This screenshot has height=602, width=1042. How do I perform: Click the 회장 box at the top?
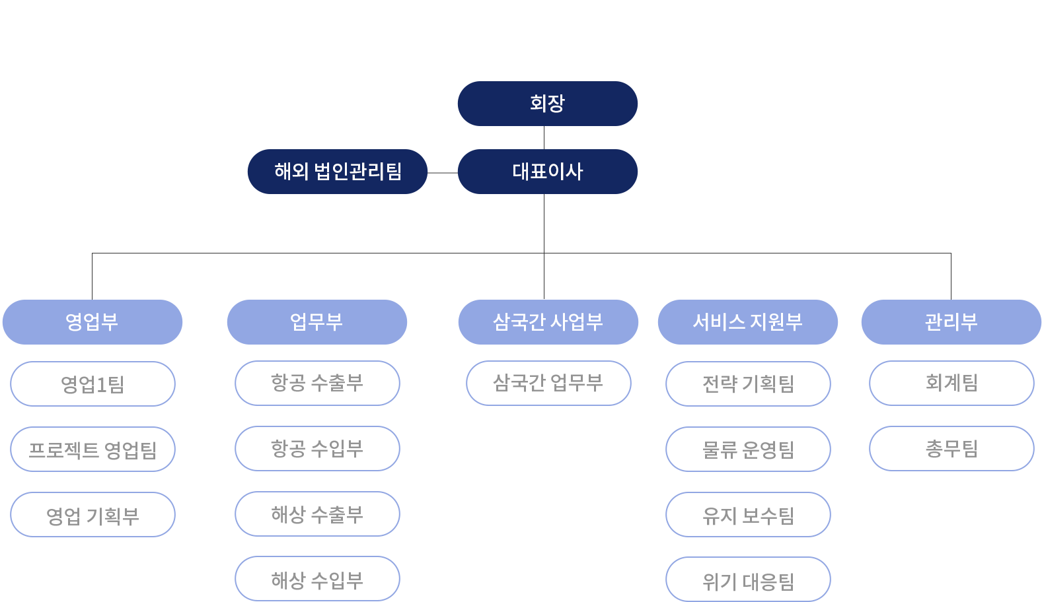[x=548, y=104]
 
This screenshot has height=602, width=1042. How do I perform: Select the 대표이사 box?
[x=548, y=172]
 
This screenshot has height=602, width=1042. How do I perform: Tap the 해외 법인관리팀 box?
[x=337, y=172]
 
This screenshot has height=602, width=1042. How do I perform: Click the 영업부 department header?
[x=92, y=322]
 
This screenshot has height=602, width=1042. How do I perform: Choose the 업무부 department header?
[x=316, y=322]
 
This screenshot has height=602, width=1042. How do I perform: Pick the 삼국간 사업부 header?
[x=548, y=322]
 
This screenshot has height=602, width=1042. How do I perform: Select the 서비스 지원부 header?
[x=747, y=322]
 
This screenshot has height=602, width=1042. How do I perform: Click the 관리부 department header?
[x=951, y=322]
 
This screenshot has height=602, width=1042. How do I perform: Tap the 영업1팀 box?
[x=93, y=384]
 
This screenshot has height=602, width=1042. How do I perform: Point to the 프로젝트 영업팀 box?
[x=93, y=450]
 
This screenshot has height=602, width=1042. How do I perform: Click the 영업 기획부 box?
[x=93, y=515]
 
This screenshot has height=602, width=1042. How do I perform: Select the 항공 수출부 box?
[x=317, y=383]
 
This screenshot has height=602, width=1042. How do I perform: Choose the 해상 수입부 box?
[x=317, y=579]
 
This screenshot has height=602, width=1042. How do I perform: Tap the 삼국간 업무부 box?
[x=548, y=383]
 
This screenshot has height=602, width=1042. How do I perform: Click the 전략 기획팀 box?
[x=748, y=384]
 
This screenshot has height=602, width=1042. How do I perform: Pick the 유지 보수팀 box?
[x=748, y=515]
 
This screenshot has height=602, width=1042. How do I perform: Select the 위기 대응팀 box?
[x=748, y=579]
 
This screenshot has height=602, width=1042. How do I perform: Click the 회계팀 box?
[x=951, y=383]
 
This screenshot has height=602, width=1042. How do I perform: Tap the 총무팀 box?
[x=951, y=449]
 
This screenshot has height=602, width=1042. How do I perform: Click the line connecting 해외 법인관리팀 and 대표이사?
[x=443, y=173]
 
